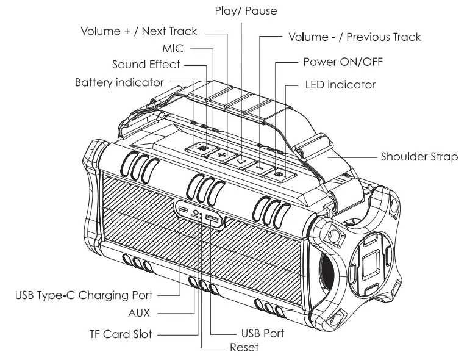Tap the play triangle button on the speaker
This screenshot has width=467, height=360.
pyautogui.click(x=242, y=160)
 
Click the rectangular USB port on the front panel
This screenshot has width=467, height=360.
pyautogui.click(x=211, y=219)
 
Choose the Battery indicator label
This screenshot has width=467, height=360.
pyautogui.click(x=119, y=81)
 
